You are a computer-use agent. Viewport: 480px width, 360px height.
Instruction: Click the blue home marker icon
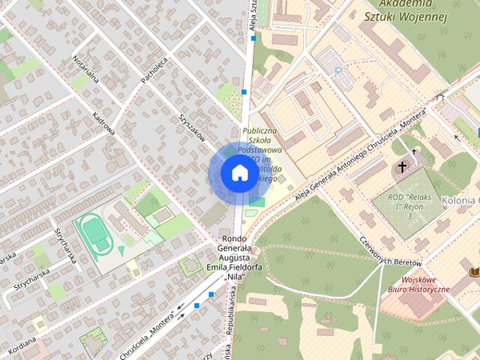(238, 174)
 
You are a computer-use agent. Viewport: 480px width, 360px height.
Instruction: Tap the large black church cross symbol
(403, 166)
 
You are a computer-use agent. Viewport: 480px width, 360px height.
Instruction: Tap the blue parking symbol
(338, 71)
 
